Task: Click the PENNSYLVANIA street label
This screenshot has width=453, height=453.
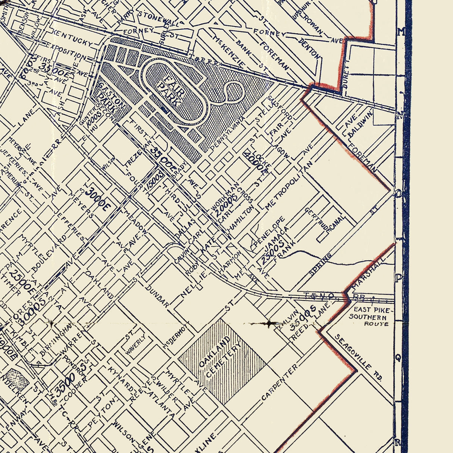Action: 228,135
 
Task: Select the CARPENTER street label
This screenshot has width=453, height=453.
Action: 279,382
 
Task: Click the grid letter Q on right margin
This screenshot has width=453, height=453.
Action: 398,357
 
